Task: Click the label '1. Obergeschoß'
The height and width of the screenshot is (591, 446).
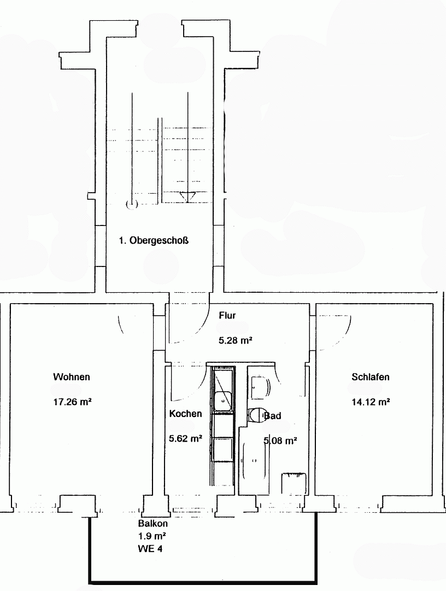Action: [x=154, y=240]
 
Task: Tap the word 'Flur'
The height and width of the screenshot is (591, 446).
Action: [x=227, y=316]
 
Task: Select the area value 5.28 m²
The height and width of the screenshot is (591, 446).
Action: [x=235, y=340]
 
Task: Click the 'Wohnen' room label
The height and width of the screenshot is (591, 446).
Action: [x=72, y=377]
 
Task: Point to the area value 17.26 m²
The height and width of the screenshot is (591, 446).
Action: [x=72, y=402]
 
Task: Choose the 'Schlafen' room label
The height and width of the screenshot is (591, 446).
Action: [x=371, y=377]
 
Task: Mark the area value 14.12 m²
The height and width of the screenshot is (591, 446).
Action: [x=371, y=402]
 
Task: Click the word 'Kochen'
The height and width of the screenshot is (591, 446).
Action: [x=185, y=414]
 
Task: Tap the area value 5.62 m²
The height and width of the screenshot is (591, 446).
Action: [x=185, y=438]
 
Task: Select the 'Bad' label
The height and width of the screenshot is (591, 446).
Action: [x=273, y=416]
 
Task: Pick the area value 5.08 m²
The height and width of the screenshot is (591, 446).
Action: [x=280, y=441]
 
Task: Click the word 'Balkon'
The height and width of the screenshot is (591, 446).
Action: [x=149, y=523]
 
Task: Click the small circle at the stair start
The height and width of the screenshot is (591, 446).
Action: [x=131, y=205]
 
